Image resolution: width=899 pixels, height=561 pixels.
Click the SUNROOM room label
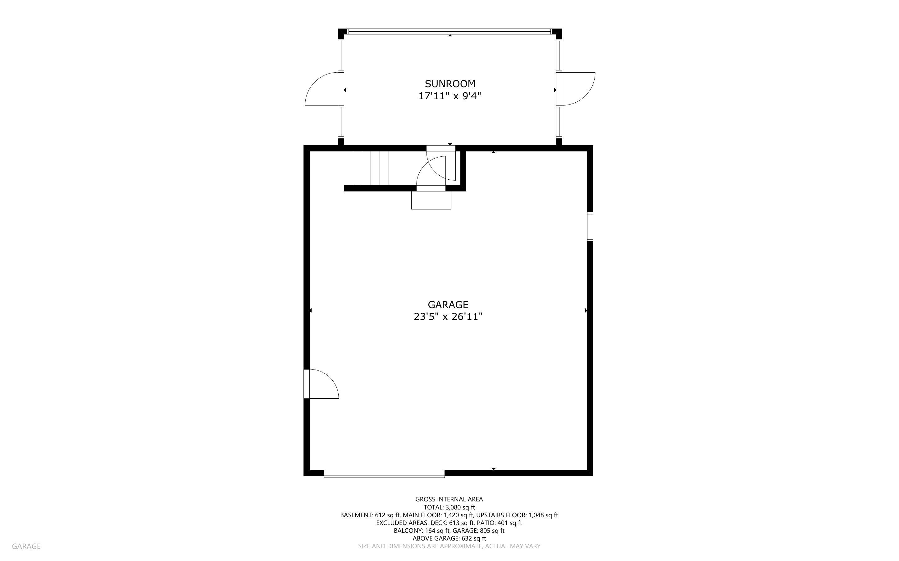click(x=450, y=83)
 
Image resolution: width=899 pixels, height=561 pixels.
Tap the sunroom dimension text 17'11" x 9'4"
click(x=450, y=96)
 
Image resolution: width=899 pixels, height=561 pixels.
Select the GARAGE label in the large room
click(x=448, y=305)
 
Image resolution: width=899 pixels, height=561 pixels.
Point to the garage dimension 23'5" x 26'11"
click(x=448, y=316)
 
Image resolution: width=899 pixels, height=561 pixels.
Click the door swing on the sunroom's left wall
click(x=322, y=89)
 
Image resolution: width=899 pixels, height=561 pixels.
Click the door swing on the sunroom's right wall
click(x=578, y=89)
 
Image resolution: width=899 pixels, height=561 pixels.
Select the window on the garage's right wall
click(x=590, y=226)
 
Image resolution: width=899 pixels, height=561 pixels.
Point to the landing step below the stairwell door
click(x=431, y=200)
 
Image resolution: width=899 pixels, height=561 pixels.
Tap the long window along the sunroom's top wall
click(x=450, y=32)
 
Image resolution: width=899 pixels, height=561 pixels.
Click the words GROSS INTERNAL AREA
click(x=449, y=500)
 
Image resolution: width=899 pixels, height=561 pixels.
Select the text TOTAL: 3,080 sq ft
click(x=449, y=507)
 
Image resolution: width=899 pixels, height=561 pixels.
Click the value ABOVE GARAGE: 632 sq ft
click(x=449, y=538)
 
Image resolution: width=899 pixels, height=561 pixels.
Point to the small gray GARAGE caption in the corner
click(x=26, y=546)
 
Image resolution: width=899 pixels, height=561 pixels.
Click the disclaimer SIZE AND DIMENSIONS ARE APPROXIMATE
click(x=449, y=546)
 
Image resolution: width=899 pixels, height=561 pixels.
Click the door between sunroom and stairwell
click(x=441, y=163)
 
